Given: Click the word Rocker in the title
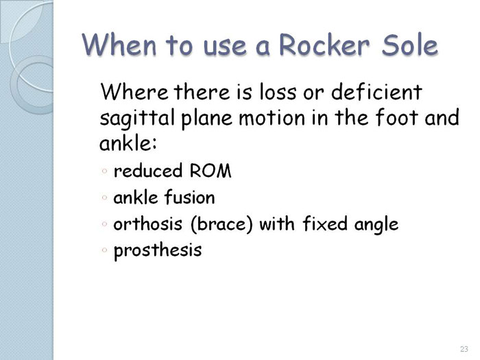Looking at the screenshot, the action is (324, 45).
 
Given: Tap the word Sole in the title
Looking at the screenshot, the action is (409, 45).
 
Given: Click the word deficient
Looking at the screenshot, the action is (377, 91).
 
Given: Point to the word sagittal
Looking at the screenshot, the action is (137, 119).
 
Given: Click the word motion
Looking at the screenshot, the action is (272, 118).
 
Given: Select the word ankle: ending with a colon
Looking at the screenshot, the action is (128, 142).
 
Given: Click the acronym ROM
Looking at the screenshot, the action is (211, 171).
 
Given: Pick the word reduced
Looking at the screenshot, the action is (148, 170).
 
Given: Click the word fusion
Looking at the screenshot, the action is (189, 197).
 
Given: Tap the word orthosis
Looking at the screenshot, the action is (148, 224).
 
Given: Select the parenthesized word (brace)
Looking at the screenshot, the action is (221, 224).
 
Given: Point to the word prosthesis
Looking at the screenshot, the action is (158, 251).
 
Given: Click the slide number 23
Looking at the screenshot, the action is (464, 348).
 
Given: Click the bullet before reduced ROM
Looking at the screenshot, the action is (104, 171).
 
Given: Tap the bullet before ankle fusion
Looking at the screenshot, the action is (104, 197).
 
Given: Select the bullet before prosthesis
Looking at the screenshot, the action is (104, 250).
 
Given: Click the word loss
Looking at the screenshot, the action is (278, 91).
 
